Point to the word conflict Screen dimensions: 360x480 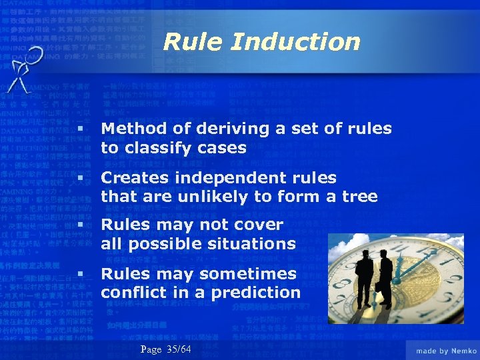click(136, 292)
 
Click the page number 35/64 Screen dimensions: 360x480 click(179, 349)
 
